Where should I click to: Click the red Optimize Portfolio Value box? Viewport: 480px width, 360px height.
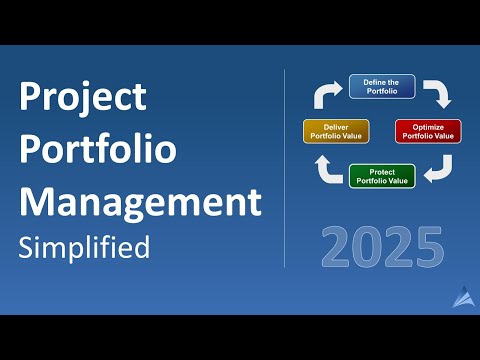coord(428,131)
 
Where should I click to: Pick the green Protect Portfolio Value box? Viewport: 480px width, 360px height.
coord(381,176)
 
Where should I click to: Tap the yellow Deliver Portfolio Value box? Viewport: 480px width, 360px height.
coord(335,131)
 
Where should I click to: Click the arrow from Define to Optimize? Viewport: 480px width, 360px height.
coord(437,94)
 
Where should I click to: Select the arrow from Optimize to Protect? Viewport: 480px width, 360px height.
coord(437,171)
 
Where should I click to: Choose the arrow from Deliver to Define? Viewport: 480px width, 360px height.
coord(325,94)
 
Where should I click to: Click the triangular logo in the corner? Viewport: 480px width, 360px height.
coord(463,297)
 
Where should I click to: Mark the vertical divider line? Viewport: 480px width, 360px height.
coord(285,170)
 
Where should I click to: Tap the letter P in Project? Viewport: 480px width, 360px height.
coord(30,98)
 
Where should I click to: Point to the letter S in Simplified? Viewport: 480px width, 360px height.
coord(27,246)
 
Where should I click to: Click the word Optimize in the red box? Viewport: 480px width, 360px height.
coord(428,126)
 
